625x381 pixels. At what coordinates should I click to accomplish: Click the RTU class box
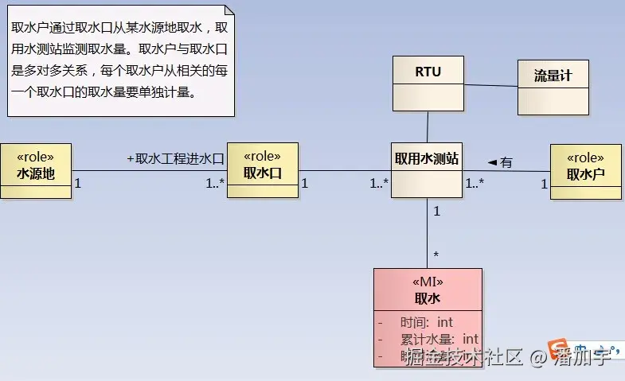pyautogui.click(x=428, y=84)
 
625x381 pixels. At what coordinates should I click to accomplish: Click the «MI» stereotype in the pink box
pyautogui.click(x=428, y=282)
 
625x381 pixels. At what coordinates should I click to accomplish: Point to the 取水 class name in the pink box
pyautogui.click(x=428, y=298)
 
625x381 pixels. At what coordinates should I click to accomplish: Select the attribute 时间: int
pyautogui.click(x=426, y=322)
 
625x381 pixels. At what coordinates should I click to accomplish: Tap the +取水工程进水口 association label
pyautogui.click(x=175, y=158)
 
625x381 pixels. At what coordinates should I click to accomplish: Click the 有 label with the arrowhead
pyautogui.click(x=501, y=163)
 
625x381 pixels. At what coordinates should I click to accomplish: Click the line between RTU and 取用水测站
pyautogui.click(x=428, y=126)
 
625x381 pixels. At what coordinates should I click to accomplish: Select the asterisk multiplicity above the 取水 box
pyautogui.click(x=436, y=255)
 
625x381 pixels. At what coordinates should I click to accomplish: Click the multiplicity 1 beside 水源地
pyautogui.click(x=77, y=183)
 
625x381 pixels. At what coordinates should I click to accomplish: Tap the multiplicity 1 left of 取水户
pyautogui.click(x=545, y=185)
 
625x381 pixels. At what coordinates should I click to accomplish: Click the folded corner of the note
pyautogui.click(x=229, y=10)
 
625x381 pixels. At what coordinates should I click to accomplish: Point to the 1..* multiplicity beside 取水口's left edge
pyautogui.click(x=215, y=183)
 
